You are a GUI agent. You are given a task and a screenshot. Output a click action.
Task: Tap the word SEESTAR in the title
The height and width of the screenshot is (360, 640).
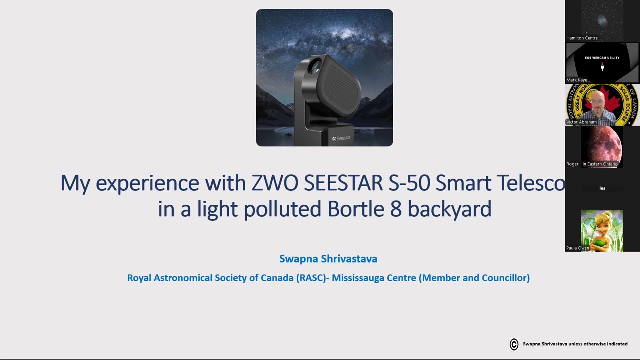(x=344, y=183)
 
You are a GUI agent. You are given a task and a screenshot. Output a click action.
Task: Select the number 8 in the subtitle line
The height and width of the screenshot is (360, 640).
(x=396, y=209)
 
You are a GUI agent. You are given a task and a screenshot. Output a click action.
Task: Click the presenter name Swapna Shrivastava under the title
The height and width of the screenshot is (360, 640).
(x=328, y=259)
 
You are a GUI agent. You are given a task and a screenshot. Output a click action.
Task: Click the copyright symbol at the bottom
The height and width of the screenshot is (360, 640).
(x=514, y=344)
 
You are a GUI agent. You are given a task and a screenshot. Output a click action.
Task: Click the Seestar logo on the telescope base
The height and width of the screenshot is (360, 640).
(x=341, y=138)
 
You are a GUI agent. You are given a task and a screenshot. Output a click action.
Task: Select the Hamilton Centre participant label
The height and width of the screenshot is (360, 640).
(x=582, y=38)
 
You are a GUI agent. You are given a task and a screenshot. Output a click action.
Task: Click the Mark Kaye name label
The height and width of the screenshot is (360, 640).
(x=577, y=80)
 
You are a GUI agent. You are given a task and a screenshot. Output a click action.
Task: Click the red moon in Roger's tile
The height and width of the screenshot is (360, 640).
(x=602, y=146)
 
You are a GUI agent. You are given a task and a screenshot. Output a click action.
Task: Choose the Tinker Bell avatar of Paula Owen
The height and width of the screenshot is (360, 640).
(x=602, y=230)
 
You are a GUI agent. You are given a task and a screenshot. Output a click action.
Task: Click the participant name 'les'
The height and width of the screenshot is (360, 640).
(x=602, y=188)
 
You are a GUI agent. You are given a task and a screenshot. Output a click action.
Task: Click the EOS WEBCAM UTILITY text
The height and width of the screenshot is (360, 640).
(x=602, y=58)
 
